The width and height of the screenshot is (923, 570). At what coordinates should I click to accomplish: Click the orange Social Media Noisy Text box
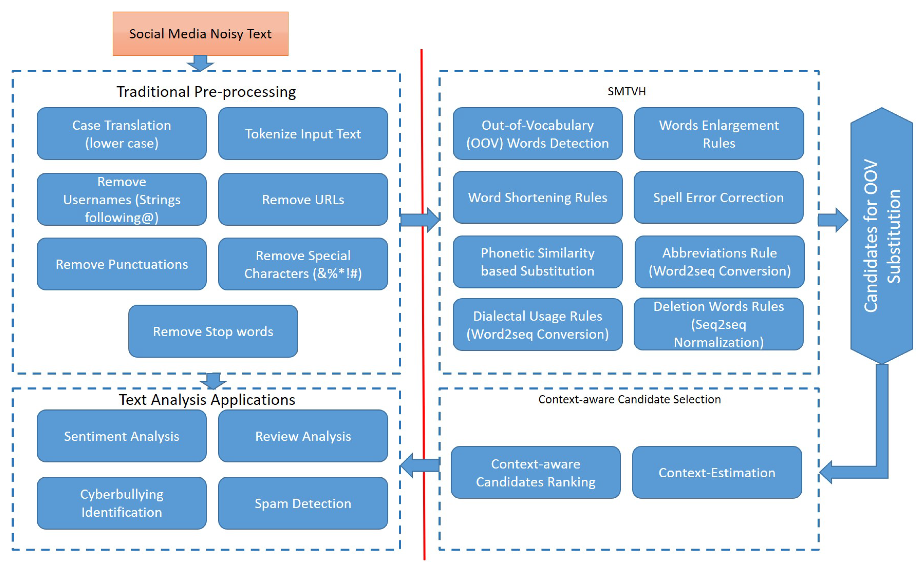[x=200, y=34]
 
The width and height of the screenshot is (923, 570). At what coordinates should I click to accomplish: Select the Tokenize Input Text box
[x=303, y=134]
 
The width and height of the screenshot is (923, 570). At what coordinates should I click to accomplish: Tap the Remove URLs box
[x=303, y=199]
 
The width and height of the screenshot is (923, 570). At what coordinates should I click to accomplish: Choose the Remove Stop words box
[x=213, y=332]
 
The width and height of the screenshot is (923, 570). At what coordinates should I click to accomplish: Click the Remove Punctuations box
[x=122, y=264]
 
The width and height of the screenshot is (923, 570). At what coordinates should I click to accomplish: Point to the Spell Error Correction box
[x=718, y=198]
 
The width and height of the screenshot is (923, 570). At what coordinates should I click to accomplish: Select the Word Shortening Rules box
[x=538, y=198]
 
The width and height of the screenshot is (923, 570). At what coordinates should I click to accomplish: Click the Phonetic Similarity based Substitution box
[x=538, y=262]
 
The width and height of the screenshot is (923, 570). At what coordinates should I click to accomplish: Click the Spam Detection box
[x=303, y=503]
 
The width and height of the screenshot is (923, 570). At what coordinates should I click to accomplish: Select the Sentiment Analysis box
[x=122, y=436]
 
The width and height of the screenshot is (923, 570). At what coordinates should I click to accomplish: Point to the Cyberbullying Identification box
[x=122, y=503]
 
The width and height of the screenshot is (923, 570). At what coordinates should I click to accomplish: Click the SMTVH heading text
[x=627, y=92]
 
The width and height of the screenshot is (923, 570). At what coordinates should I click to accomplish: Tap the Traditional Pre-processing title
[x=206, y=92]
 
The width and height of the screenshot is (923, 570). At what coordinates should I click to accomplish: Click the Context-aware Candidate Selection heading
[x=629, y=400]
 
